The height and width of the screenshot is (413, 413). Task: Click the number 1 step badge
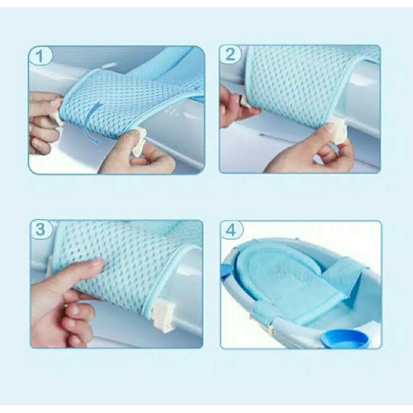tap(40, 56)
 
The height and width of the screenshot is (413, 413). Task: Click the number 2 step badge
tap(230, 54)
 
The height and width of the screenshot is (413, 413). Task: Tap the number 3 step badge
tap(41, 229)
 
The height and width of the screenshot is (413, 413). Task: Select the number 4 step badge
tap(231, 230)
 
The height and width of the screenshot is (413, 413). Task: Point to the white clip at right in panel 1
tap(138, 144)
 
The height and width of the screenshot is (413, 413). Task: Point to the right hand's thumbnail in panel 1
tap(135, 133)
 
